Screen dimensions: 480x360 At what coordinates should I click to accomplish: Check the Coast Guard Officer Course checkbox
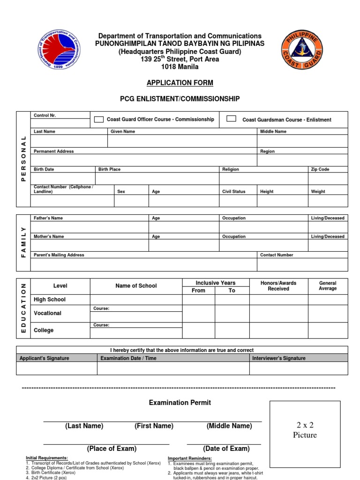point(98,119)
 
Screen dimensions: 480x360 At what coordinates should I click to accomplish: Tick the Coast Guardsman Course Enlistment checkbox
point(231,119)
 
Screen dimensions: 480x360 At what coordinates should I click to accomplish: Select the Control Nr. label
point(45,115)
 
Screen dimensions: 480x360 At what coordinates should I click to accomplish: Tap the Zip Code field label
point(320,169)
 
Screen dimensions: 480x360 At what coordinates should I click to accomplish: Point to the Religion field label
point(230,169)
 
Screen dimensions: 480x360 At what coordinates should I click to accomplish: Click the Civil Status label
point(233,191)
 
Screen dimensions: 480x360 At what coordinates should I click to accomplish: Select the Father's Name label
point(48,218)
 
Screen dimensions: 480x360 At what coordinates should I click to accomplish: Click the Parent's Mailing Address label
point(59,255)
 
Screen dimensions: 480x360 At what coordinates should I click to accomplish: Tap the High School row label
point(50,300)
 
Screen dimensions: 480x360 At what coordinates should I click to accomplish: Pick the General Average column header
point(328,286)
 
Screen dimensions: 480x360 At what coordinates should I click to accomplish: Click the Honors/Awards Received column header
point(278,286)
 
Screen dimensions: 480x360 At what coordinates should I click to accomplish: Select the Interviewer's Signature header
point(278,358)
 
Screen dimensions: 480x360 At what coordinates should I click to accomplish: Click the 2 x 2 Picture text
point(305,430)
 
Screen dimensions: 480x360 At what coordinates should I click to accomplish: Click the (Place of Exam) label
point(112,449)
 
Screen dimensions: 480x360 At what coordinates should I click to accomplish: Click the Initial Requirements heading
point(46,458)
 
